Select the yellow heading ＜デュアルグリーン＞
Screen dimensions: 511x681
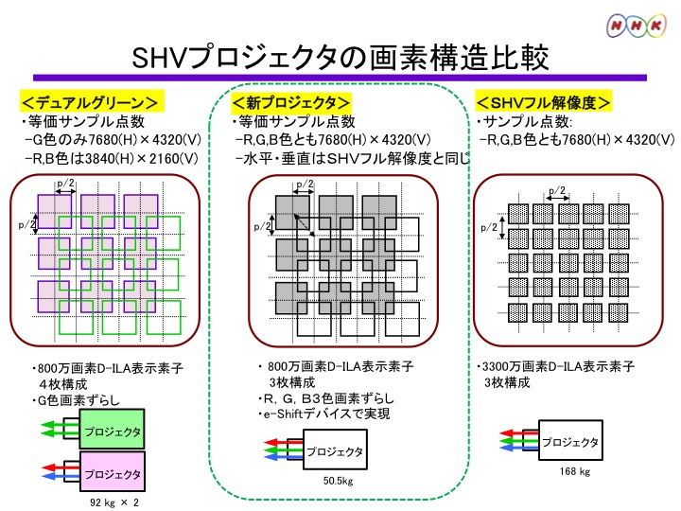[x=90, y=102]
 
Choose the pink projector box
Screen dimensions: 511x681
[x=112, y=474]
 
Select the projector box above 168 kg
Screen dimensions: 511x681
[x=569, y=441]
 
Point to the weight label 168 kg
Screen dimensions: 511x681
[x=574, y=470]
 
